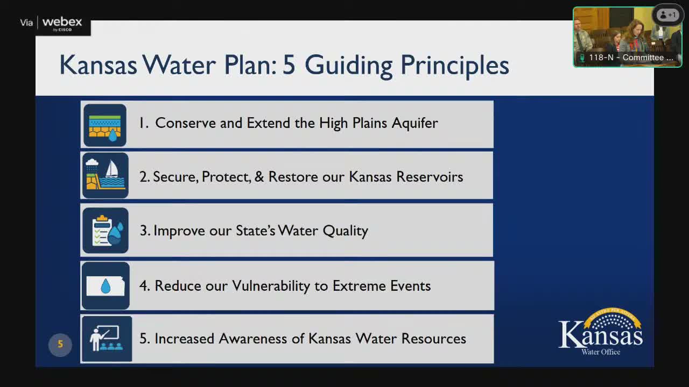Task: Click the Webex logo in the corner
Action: coord(61,23)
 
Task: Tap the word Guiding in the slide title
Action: coord(348,65)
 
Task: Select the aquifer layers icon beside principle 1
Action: coord(105,125)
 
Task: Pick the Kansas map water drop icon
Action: coord(106,286)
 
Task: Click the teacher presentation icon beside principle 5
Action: coord(107,339)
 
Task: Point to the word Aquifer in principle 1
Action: coord(414,123)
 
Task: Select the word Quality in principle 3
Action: coord(345,231)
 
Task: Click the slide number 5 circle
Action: coord(60,345)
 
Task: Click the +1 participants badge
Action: coord(668,15)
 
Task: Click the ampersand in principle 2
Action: coord(259,177)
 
